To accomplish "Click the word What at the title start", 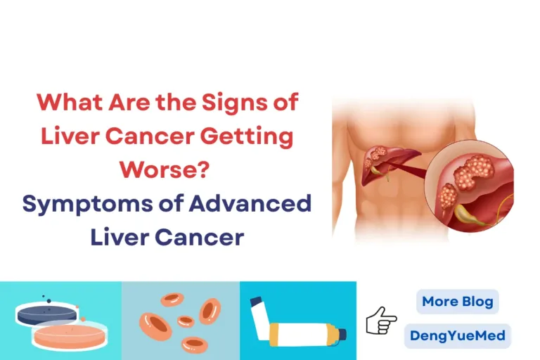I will tap(65, 103).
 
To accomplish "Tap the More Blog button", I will tap(457, 302).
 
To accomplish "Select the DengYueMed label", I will tap(457, 335).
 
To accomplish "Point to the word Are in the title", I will tap(127, 103).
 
